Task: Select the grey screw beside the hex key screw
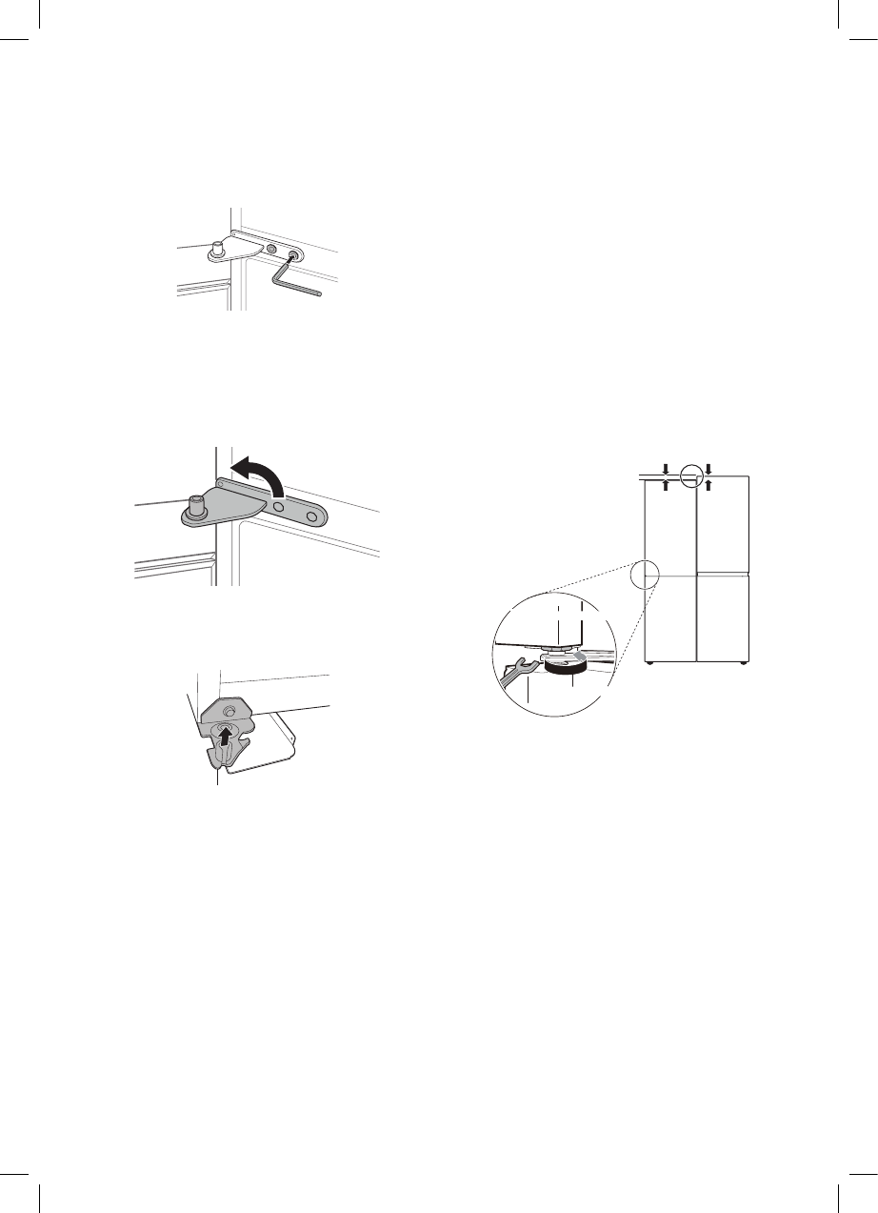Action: coord(273,249)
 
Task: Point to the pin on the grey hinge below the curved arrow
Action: coord(197,505)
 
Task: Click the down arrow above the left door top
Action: coord(667,468)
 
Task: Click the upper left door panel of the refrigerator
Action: coord(671,524)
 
